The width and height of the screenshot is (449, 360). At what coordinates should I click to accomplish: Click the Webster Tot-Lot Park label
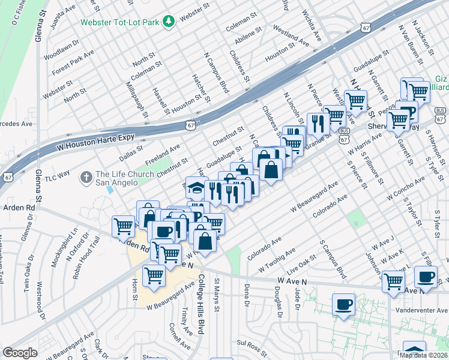122,21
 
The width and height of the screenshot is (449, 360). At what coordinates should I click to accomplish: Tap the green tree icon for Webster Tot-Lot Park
170,21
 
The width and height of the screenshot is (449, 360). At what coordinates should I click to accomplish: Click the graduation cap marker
196,187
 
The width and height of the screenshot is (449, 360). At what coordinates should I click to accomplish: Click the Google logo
20,353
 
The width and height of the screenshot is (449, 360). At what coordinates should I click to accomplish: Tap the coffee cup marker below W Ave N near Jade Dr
343,304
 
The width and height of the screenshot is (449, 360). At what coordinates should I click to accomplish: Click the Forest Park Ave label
73,61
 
